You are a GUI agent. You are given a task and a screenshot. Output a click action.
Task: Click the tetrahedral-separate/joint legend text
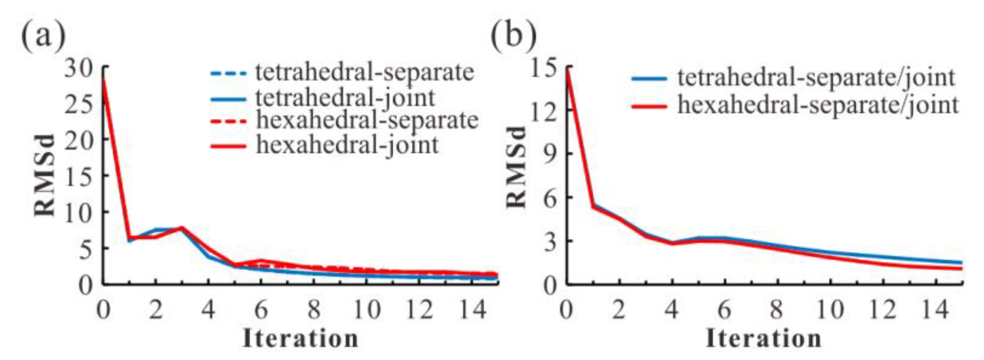point(816,78)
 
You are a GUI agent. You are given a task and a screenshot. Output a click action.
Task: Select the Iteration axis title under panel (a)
point(300,339)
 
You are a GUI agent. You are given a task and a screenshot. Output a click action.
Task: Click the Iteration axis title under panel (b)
point(764,339)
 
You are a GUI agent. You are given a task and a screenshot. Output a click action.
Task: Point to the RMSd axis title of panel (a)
point(45,175)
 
